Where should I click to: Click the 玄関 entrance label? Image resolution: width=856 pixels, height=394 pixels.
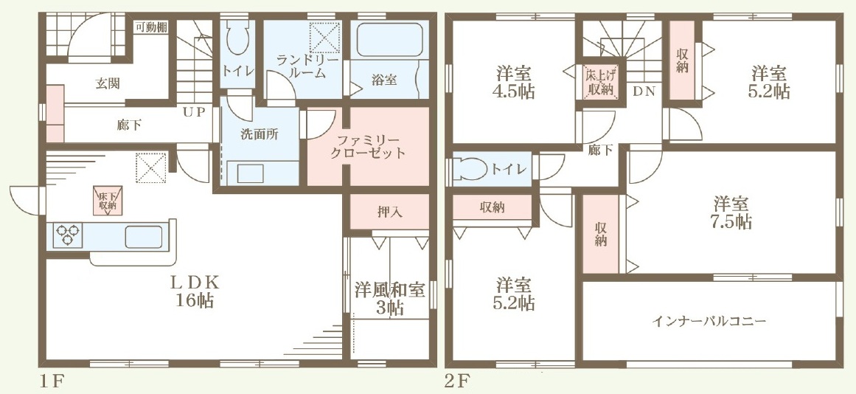click(108, 83)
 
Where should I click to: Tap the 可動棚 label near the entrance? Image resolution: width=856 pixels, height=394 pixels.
click(151, 27)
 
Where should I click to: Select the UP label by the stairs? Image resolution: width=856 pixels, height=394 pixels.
click(194, 112)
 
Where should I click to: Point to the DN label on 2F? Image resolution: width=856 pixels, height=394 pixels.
click(644, 91)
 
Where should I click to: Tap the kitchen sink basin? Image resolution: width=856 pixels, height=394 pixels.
click(144, 237)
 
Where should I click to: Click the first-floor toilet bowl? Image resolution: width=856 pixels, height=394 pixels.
click(237, 39)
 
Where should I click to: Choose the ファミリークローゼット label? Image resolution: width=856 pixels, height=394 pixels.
click(368, 146)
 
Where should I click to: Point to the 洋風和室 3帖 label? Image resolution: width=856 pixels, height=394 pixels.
click(390, 298)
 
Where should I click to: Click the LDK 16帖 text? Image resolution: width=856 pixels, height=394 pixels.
click(195, 291)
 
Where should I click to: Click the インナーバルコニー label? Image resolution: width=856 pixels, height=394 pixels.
click(709, 321)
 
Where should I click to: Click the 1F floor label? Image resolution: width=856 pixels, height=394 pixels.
click(52, 381)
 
